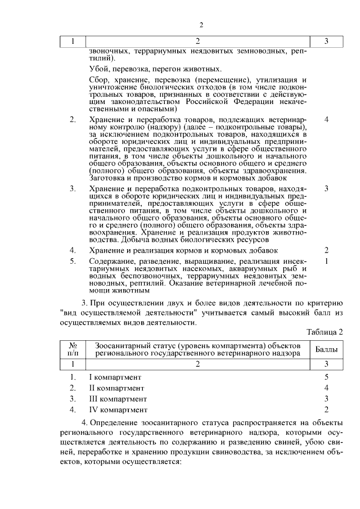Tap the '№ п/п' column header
[x=73, y=349]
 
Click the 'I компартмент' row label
[x=115, y=376]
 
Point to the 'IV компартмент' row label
[x=118, y=410]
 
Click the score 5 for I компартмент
[x=326, y=376]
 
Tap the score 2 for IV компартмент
[x=326, y=410]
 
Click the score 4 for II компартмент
[x=326, y=388]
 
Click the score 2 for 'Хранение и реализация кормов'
[x=326, y=250]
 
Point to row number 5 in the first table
[x=73, y=261]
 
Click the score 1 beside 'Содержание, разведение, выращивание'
[x=326, y=261]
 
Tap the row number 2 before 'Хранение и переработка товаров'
[x=73, y=120]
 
